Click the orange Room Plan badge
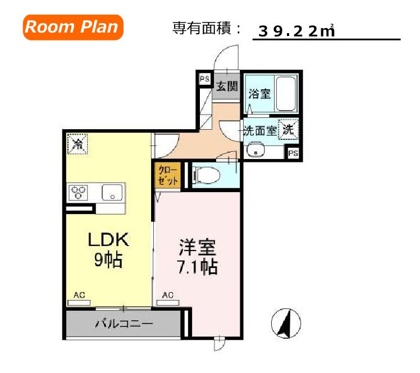tap(72, 28)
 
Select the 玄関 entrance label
tap(227, 87)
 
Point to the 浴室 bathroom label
tap(260, 93)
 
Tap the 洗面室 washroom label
tap(260, 131)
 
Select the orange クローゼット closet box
tap(168, 175)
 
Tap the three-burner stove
tap(79, 193)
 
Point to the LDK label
tap(108, 240)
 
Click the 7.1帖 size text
tap(196, 266)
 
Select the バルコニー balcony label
tap(124, 324)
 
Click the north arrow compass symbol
tap(285, 324)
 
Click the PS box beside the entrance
tap(204, 79)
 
